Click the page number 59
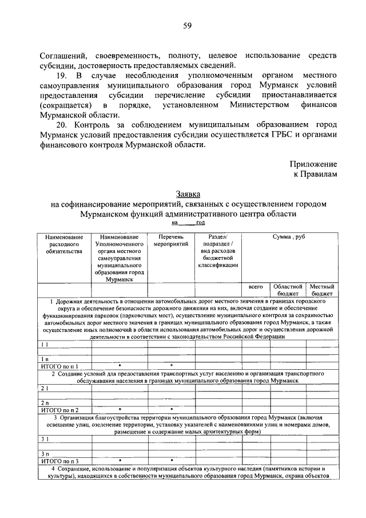[187, 26]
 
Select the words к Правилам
[316, 173]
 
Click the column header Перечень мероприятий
[170, 240]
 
